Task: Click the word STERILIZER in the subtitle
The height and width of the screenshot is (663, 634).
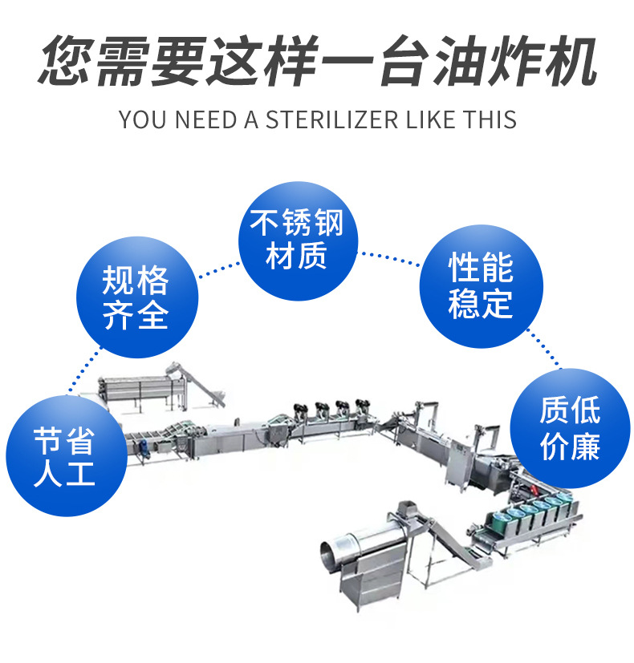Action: [x=331, y=119]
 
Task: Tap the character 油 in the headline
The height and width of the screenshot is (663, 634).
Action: [x=460, y=60]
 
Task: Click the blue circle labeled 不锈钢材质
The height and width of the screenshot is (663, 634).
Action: [x=298, y=241]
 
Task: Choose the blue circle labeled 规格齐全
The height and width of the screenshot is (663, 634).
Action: [x=137, y=297]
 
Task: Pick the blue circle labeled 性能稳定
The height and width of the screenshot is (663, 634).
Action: [x=482, y=286]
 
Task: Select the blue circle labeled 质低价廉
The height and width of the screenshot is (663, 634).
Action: [x=570, y=429]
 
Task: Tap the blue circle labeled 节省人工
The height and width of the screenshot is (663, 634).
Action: [x=67, y=455]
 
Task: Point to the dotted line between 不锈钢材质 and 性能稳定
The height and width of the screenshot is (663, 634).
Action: [x=389, y=258]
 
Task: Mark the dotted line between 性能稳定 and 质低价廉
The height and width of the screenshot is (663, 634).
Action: [x=545, y=348]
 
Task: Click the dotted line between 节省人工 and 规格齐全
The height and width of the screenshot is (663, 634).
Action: [x=85, y=371]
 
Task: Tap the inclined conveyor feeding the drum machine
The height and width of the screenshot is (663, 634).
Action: [x=457, y=540]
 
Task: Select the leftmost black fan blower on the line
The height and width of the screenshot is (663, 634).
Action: [x=300, y=410]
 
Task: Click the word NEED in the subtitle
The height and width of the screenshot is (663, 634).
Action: [x=205, y=119]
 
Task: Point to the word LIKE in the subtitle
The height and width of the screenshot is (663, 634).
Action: [x=430, y=119]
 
